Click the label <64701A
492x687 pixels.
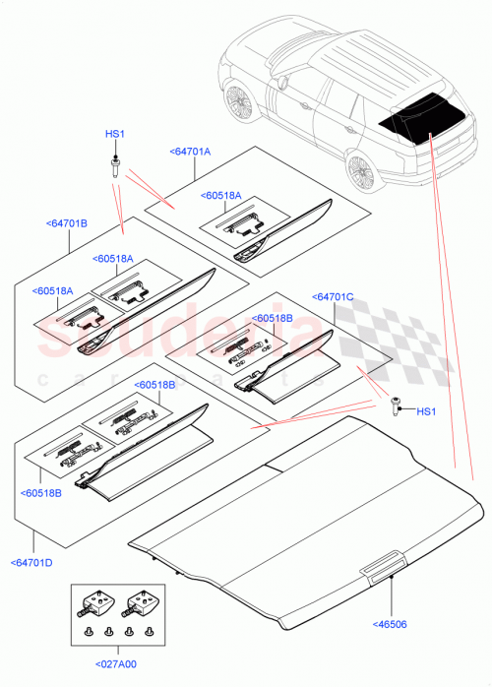click(x=190, y=152)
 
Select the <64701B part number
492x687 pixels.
click(x=67, y=224)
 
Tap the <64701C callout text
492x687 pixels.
click(x=333, y=296)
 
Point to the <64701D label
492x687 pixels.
click(x=33, y=562)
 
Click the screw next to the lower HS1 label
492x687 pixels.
click(x=396, y=404)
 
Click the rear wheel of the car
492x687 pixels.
click(x=361, y=176)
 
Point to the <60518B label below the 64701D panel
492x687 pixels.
click(x=40, y=492)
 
